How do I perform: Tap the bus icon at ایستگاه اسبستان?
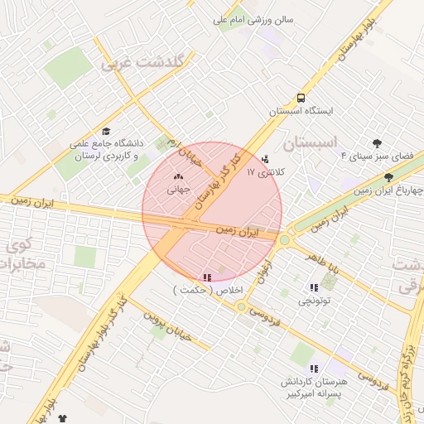point(301,96)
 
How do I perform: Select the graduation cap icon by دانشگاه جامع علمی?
point(105,132)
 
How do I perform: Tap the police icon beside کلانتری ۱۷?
point(265,159)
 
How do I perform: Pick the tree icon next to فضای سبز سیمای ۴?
point(378,142)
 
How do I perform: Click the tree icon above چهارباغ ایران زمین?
point(389,177)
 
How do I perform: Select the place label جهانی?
point(179,190)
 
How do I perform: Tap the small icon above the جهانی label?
point(179,176)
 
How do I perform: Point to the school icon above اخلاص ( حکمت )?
point(206,277)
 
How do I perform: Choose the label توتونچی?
point(315,301)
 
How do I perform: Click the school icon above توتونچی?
point(313,287)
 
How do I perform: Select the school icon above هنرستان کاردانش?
point(313,369)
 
